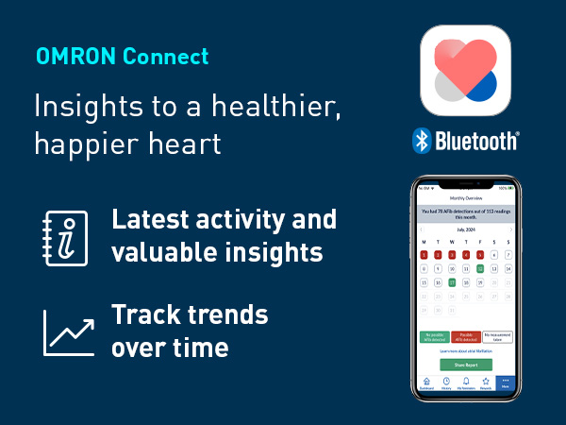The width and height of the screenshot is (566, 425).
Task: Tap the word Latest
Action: [x=151, y=220]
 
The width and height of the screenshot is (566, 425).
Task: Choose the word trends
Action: [x=228, y=314]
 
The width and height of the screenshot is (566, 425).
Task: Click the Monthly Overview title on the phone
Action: [x=466, y=198]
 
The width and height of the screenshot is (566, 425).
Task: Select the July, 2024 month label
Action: [x=466, y=229]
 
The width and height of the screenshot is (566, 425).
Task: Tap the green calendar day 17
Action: [x=452, y=281]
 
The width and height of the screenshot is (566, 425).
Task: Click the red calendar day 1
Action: [x=424, y=255]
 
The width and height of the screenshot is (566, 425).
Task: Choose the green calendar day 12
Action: [x=480, y=268]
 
